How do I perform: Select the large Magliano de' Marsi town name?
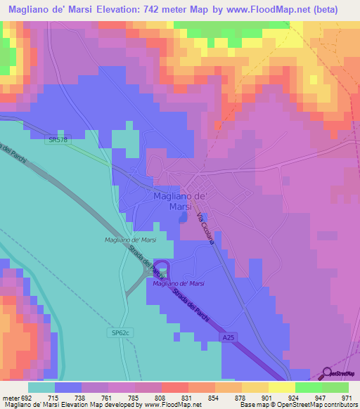[179, 202]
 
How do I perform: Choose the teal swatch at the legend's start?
[41, 388]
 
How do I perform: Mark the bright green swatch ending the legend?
[335, 388]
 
